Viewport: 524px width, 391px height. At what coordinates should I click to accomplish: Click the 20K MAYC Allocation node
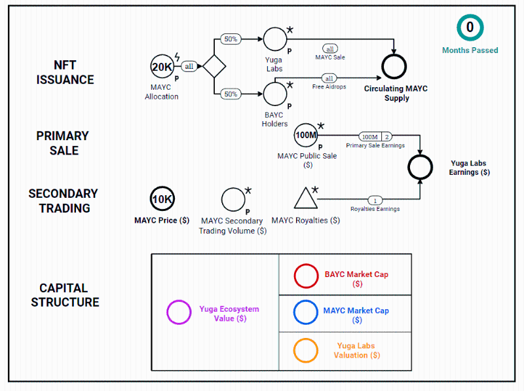(162, 67)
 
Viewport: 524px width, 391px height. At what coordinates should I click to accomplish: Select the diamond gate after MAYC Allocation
(214, 67)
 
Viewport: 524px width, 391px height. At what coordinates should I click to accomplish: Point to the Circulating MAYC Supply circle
(394, 66)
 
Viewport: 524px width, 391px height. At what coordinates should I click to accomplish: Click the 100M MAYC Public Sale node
(307, 136)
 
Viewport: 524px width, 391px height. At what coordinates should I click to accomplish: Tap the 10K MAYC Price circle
(162, 199)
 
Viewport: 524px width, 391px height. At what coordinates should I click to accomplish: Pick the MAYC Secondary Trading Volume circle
(233, 200)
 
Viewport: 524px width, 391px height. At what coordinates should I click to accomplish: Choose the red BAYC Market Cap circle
(306, 276)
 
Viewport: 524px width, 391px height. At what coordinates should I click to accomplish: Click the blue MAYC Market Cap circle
(306, 312)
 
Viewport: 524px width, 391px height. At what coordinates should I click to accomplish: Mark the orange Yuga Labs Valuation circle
(306, 350)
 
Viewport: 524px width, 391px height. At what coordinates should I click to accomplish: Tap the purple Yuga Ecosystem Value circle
(179, 312)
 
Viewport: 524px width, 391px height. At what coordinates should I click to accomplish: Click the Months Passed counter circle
(470, 28)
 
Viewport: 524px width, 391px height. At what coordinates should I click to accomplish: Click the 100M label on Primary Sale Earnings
(369, 136)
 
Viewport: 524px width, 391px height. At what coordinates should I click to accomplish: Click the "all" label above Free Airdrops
(329, 79)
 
